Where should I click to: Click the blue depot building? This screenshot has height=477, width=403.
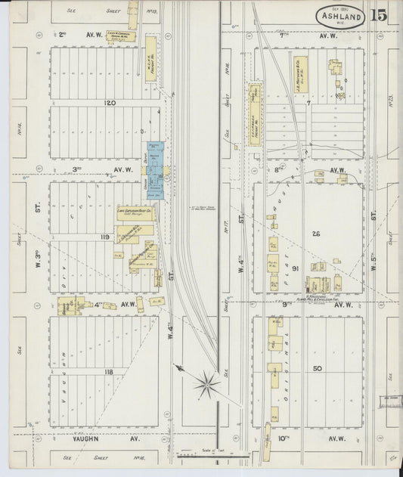pos(155,171)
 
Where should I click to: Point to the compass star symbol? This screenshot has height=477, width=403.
pos(205,386)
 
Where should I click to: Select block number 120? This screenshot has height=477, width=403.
pos(110,102)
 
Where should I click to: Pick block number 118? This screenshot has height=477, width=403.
pos(109,371)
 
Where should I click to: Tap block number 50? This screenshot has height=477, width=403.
pos(317,368)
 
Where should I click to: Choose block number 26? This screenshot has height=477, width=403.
pos(316,234)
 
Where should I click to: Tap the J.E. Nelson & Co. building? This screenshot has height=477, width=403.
pos(298,78)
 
